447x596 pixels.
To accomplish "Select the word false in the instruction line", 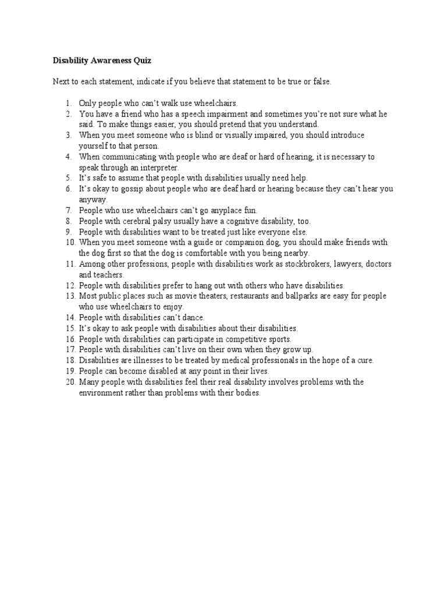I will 321,81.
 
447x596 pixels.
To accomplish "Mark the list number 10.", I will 70,242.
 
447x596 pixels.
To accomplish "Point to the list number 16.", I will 70,339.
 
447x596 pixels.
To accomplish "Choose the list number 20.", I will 70,382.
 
